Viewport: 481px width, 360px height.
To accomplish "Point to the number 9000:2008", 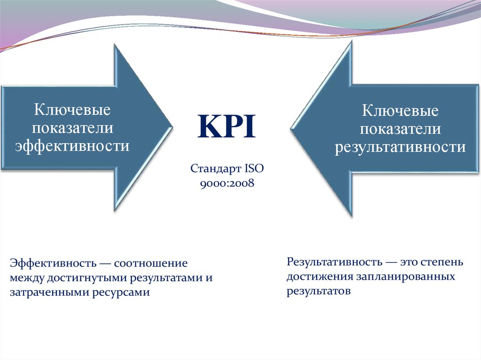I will click(227, 183).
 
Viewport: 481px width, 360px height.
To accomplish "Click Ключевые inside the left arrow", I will click(71, 111).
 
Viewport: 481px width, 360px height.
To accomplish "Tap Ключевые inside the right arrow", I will click(400, 112).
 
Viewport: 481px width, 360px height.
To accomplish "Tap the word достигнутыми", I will click(87, 277).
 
